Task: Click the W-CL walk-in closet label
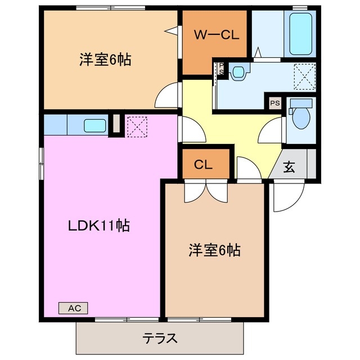[x=217, y=35]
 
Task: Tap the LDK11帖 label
[x=99, y=226]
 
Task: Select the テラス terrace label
[x=160, y=339]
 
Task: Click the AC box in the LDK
[x=74, y=308]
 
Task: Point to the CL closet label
[x=203, y=165]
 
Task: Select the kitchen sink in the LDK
[x=93, y=125]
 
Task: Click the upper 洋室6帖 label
[x=105, y=60]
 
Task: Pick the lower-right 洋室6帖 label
[x=214, y=250]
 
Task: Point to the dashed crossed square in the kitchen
[x=137, y=125]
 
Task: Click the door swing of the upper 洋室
[x=168, y=93]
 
